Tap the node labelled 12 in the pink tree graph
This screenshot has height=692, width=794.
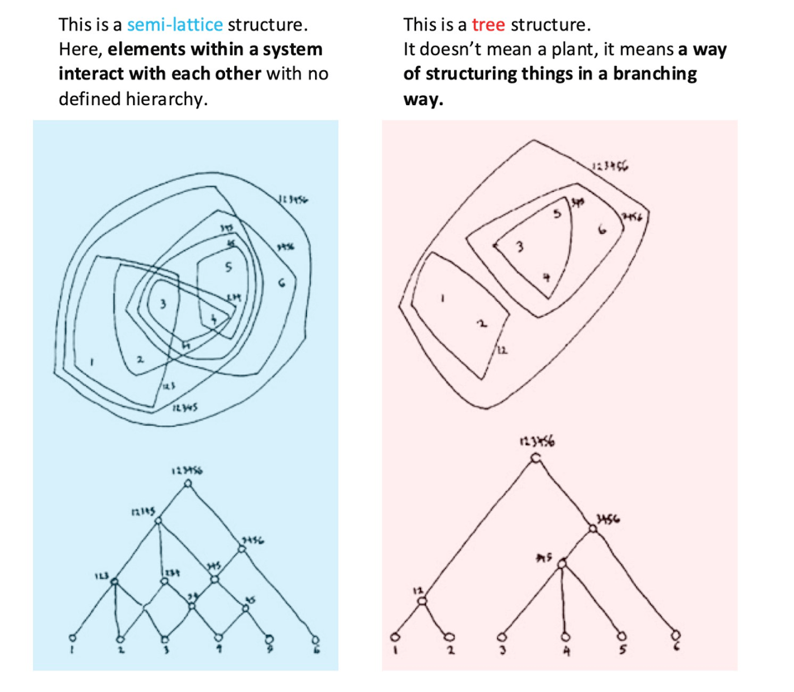point(423,601)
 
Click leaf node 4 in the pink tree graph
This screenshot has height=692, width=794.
point(566,637)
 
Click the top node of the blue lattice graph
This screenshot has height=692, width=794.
point(189,485)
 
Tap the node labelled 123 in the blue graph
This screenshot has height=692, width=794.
point(115,582)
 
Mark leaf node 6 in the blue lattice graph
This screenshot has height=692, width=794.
point(314,638)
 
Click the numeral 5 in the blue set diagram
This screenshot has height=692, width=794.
point(227,267)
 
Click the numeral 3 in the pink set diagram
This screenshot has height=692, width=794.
point(519,246)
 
